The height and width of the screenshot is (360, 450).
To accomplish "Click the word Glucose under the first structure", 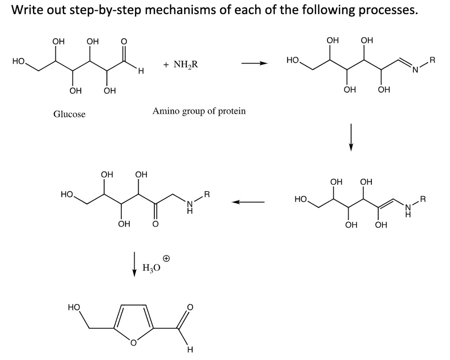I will tap(69, 114).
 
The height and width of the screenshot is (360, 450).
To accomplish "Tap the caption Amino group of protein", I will tap(199, 111).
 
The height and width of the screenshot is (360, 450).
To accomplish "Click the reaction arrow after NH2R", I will tap(254, 64).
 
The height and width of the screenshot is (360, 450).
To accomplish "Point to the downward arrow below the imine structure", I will tap(350, 137).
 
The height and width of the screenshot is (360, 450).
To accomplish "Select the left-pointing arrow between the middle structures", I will tap(248, 202).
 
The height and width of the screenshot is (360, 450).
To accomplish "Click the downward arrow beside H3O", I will tap(135, 263).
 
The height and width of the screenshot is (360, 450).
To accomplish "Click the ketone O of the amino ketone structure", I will tap(155, 224).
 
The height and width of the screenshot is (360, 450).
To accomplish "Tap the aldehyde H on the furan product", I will tap(189, 350).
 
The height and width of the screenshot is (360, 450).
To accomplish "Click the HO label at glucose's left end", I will tap(18, 62).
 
